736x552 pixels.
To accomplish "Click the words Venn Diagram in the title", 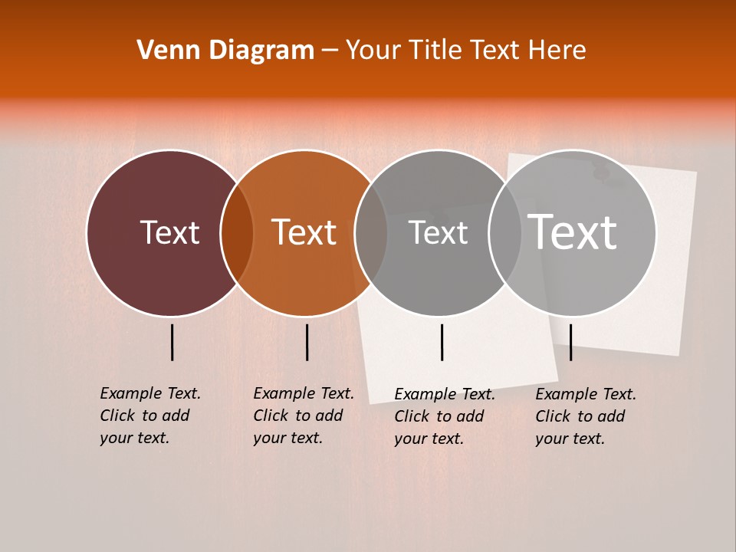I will [x=225, y=51].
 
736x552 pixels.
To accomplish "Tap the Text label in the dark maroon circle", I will [x=169, y=232].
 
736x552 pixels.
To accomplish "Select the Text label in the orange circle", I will [x=304, y=232].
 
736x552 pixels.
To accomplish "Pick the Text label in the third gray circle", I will [x=438, y=232].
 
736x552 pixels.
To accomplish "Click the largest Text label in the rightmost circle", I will [x=572, y=232].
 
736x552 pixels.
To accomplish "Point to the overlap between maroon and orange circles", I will [x=237, y=233].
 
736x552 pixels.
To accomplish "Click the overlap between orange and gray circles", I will [x=371, y=233].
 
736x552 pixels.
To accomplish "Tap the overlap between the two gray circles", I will [x=504, y=233].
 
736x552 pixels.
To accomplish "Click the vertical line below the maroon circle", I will [x=172, y=342].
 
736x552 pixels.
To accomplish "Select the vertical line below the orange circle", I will [x=307, y=342].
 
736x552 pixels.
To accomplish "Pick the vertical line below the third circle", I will [x=442, y=342].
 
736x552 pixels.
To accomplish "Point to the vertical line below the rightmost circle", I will [x=571, y=342].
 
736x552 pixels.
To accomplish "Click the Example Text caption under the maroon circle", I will [x=149, y=416].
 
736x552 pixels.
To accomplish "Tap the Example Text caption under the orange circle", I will [x=303, y=416].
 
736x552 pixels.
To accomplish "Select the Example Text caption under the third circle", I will [x=444, y=416].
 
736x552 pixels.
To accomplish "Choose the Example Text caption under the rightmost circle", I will [x=585, y=416].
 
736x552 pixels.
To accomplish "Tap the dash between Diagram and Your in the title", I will [x=330, y=51].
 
